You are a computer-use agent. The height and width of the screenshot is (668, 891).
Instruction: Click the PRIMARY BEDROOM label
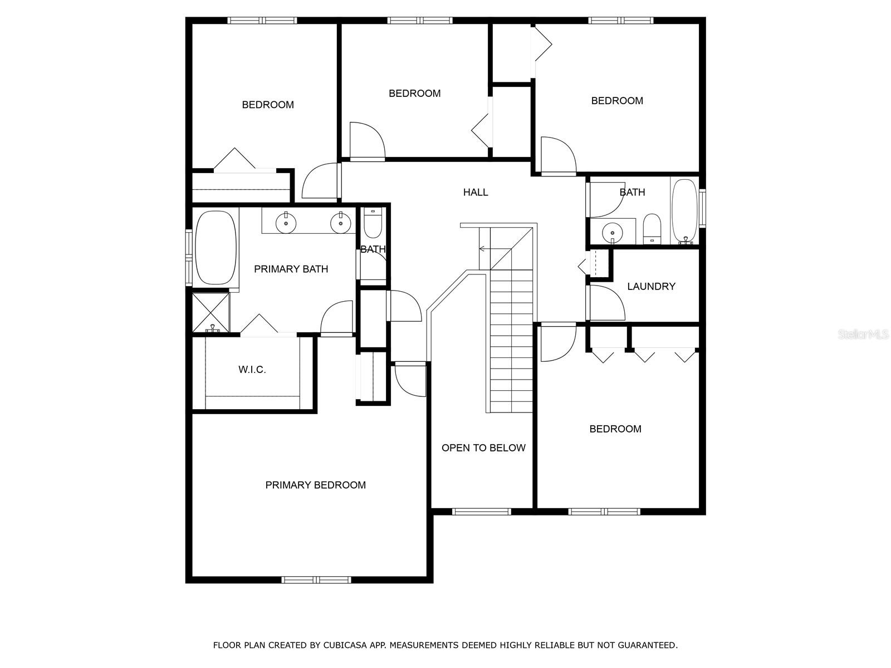(x=315, y=485)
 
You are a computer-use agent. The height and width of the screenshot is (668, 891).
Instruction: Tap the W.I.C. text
(x=252, y=370)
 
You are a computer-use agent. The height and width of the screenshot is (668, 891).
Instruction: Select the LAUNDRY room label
(x=651, y=286)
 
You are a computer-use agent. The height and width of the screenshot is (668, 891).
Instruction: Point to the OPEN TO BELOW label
(x=483, y=448)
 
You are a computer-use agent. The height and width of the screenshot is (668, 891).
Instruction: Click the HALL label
(x=476, y=192)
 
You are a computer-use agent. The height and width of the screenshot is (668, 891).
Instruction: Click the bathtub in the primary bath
(x=216, y=248)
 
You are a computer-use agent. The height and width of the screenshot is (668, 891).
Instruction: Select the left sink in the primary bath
(x=286, y=223)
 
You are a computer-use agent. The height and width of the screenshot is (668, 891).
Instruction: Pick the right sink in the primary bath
(x=340, y=223)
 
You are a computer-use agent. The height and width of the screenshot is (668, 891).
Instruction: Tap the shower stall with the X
(x=210, y=312)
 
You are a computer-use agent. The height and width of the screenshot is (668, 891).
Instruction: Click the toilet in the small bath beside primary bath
(x=373, y=224)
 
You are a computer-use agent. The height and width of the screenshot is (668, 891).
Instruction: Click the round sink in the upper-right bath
(x=612, y=230)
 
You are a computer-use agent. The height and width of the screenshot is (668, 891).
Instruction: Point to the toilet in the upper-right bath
(x=652, y=229)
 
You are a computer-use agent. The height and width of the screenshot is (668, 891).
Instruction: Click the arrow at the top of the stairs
(x=483, y=249)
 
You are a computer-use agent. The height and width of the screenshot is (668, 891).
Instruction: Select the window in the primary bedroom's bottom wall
(x=316, y=579)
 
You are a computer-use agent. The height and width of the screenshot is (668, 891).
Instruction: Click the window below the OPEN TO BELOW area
(x=481, y=512)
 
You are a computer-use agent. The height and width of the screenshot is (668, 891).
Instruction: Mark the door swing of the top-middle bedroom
(x=366, y=140)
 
